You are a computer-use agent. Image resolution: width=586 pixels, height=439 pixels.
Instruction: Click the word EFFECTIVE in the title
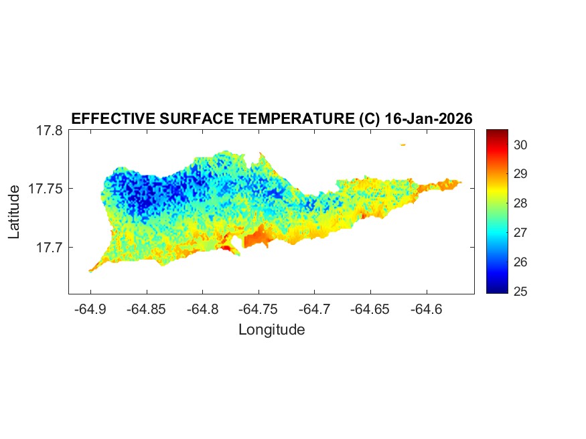pyautogui.click(x=112, y=118)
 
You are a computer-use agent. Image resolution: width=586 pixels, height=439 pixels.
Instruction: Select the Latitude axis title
pyautogui.click(x=15, y=212)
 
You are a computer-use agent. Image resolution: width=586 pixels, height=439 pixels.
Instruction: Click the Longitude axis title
pyautogui.click(x=271, y=330)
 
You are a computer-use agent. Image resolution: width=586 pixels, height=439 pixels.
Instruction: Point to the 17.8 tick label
pyautogui.click(x=49, y=130)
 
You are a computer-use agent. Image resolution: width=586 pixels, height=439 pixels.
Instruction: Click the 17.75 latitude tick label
pyautogui.click(x=46, y=189)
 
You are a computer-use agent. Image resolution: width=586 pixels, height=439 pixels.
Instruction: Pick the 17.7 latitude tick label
pyautogui.click(x=49, y=247)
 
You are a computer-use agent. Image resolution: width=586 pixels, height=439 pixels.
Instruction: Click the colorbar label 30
pyautogui.click(x=522, y=145)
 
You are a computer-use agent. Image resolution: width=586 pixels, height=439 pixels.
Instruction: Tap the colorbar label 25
pyautogui.click(x=522, y=291)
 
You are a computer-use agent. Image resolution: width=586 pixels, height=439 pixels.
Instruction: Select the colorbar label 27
pyautogui.click(x=522, y=232)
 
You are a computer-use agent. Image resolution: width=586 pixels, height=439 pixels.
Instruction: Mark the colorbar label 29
pyautogui.click(x=522, y=174)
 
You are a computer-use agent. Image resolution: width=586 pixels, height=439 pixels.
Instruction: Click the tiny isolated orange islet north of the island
pyautogui.click(x=403, y=145)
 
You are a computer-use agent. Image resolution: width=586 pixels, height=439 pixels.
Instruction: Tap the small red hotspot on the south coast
pyautogui.click(x=226, y=248)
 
